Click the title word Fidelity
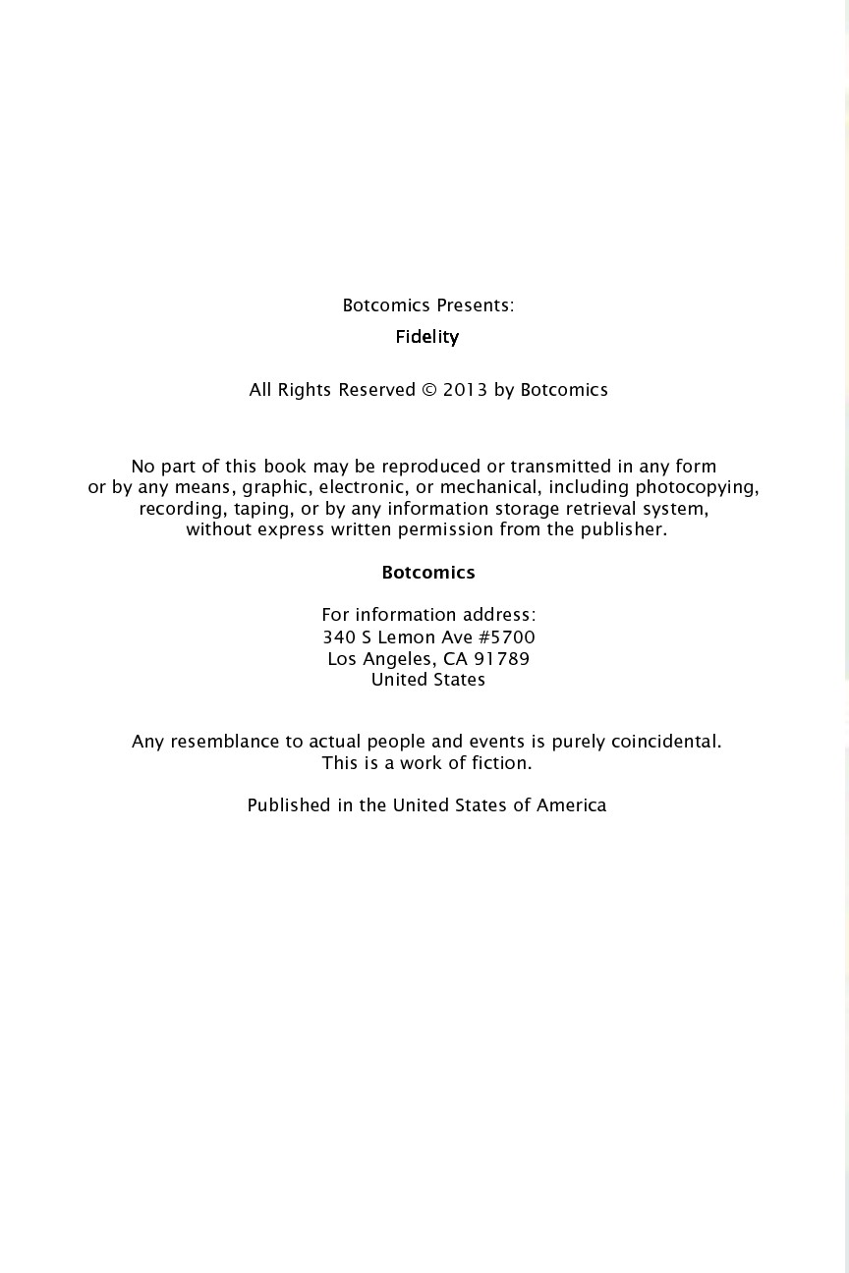427,337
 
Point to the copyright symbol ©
429,390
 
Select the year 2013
465,390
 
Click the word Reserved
376,390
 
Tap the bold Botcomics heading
428,573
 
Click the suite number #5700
507,637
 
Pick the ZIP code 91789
501,659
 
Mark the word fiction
501,763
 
